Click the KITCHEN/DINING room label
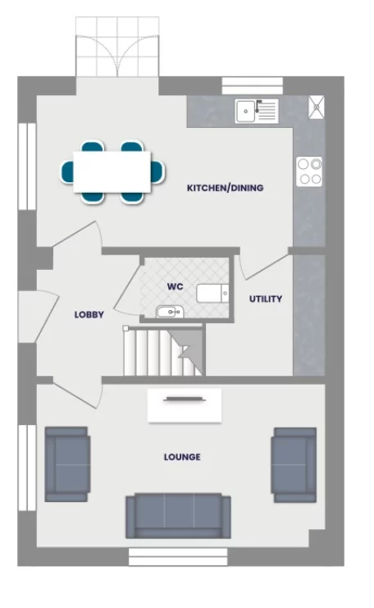point(226,188)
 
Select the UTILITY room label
point(266,299)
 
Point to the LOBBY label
point(89,314)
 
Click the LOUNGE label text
point(182,457)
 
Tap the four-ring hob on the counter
point(310,171)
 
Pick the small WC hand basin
point(168,312)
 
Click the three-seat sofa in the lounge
point(173,514)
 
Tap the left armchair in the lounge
point(66,464)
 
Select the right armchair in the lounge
point(294,464)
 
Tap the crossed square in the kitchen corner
point(317,106)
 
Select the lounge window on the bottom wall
point(176,556)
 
